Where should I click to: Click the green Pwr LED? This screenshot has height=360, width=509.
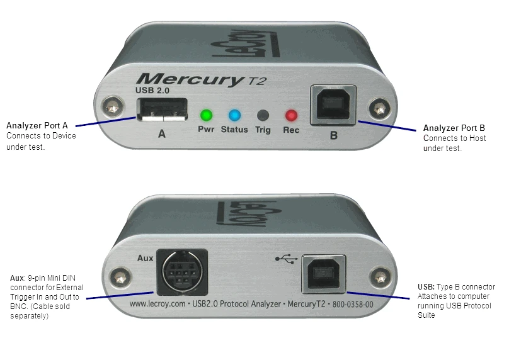click(x=206, y=115)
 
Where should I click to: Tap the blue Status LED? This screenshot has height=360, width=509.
click(x=234, y=115)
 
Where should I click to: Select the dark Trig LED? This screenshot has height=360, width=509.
click(x=263, y=115)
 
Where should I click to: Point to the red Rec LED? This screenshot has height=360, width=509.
click(x=291, y=115)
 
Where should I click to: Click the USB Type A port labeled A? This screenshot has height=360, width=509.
click(x=162, y=110)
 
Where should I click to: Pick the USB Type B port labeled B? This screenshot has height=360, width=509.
click(x=333, y=105)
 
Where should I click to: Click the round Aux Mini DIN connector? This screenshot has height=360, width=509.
click(x=182, y=272)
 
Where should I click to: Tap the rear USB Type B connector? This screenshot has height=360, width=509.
click(x=324, y=274)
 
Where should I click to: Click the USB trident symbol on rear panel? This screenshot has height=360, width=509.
click(x=286, y=259)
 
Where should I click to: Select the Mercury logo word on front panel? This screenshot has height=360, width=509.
click(x=190, y=79)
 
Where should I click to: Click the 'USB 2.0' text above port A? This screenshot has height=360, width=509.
click(x=152, y=91)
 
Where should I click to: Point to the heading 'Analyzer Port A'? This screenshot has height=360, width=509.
click(x=37, y=125)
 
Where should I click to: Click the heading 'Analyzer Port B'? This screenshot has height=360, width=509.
click(x=454, y=128)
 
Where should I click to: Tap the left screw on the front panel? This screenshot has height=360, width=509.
click(x=112, y=108)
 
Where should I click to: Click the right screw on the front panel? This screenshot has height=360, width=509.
click(x=379, y=108)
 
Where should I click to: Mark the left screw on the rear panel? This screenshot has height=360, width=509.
click(x=120, y=278)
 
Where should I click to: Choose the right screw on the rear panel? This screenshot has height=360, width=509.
click(x=380, y=278)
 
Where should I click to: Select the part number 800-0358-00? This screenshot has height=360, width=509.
click(x=353, y=305)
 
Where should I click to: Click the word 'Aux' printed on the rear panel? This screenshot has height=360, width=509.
click(x=145, y=258)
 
